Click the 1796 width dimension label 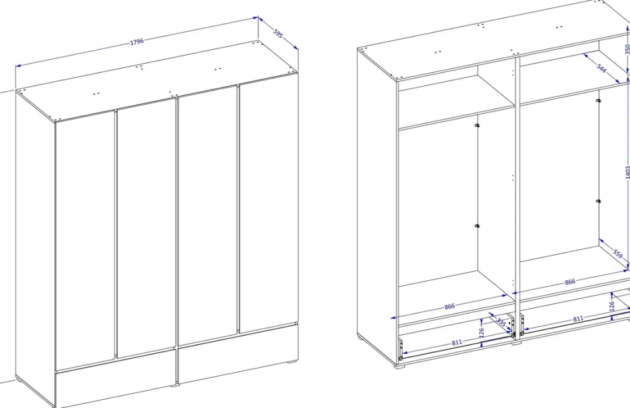137,42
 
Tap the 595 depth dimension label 278,33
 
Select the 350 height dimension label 627,49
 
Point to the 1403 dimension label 627,172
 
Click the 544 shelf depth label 600,68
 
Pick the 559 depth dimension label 618,254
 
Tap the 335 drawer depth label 501,322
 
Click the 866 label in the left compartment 450,307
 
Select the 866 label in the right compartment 570,282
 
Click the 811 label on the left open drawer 457,343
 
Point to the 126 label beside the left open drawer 482,332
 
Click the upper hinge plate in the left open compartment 476,126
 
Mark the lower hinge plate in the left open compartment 476,227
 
